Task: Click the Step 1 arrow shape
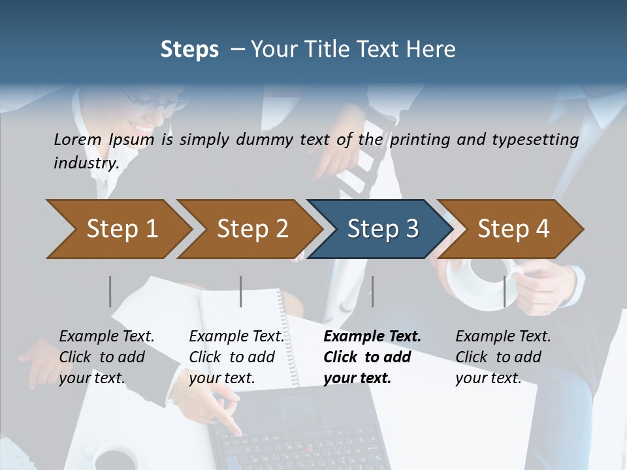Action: tap(118, 229)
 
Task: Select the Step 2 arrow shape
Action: tap(248, 229)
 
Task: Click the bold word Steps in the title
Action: tap(189, 50)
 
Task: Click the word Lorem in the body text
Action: tap(77, 139)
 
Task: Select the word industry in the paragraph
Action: tap(86, 163)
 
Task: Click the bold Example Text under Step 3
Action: tap(372, 337)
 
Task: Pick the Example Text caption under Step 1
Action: tap(106, 337)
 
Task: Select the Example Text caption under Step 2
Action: tap(236, 337)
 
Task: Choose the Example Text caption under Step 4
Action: tap(503, 337)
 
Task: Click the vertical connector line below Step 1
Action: tap(110, 291)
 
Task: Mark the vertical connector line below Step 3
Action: tap(372, 291)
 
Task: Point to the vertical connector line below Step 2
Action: tap(241, 291)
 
